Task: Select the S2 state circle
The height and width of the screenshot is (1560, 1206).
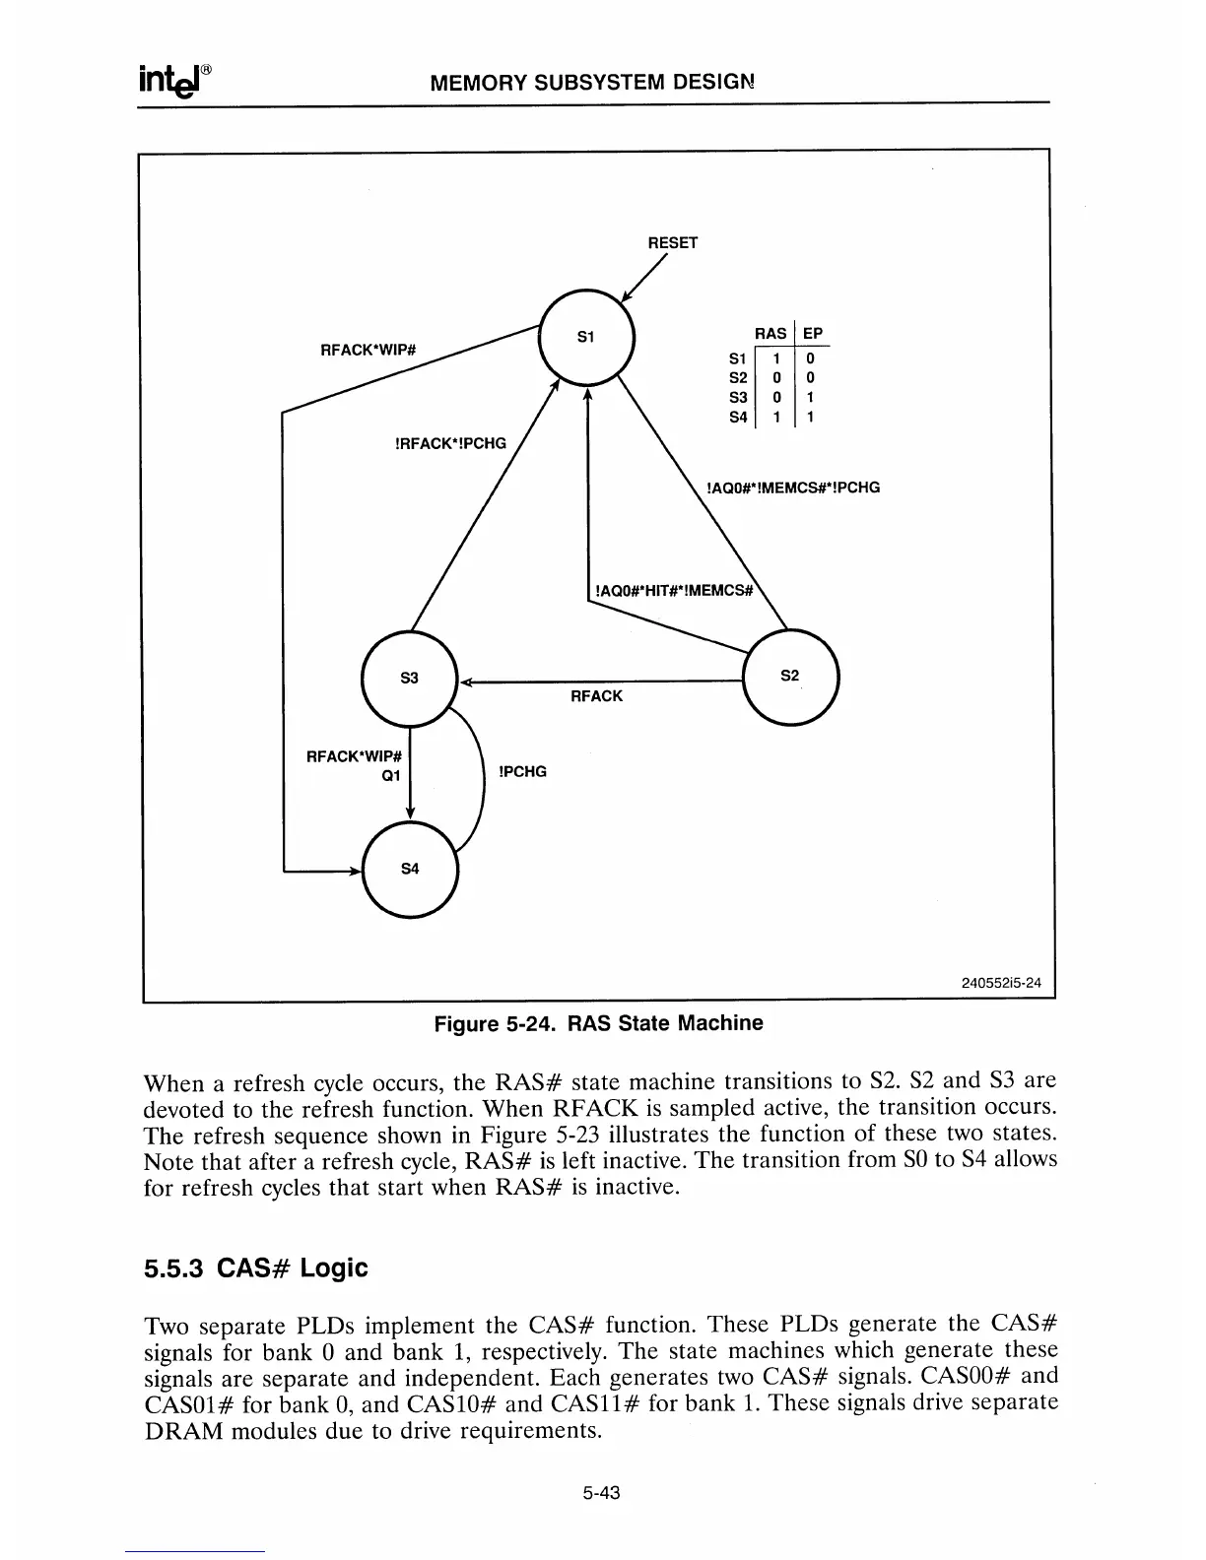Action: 790,677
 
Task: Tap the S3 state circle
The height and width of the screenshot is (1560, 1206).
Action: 409,679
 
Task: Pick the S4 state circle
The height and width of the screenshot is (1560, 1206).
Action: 410,869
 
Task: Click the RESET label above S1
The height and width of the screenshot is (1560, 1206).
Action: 672,243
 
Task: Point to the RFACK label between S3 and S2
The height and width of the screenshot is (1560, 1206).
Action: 596,696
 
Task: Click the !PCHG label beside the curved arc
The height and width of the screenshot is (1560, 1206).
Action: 523,771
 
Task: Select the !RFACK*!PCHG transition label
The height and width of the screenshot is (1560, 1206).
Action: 449,443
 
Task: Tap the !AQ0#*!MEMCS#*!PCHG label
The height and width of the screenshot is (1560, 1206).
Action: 792,487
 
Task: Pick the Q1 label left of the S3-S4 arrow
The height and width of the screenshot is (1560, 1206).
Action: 391,776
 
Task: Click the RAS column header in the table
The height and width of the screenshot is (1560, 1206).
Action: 770,334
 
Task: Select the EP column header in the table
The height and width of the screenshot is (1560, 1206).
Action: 813,334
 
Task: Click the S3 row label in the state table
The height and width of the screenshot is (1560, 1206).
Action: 737,398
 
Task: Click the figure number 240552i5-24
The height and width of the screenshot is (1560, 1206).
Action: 1001,982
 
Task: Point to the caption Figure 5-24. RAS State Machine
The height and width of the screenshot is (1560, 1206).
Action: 599,1023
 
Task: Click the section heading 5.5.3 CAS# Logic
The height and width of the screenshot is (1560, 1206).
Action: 255,1268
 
